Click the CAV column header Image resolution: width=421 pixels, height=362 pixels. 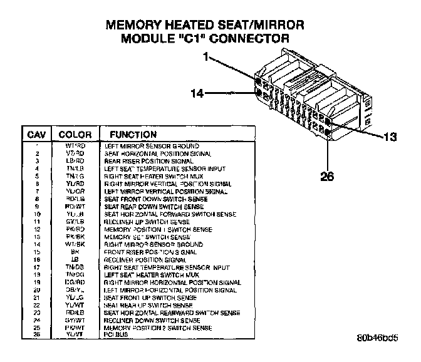pyautogui.click(x=37, y=135)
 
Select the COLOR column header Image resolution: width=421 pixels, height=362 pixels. pyautogui.click(x=75, y=135)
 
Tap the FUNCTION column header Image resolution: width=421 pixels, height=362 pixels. pyautogui.click(x=133, y=135)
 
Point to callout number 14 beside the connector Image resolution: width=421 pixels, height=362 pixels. pyautogui.click(x=197, y=94)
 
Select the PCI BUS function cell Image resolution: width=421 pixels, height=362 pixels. pyautogui.click(x=117, y=334)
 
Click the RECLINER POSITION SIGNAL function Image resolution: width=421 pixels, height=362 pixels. pyautogui.click(x=145, y=259)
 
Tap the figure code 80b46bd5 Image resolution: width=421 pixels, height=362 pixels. pyautogui.click(x=378, y=339)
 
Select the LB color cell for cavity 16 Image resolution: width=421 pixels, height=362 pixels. pyautogui.click(x=75, y=259)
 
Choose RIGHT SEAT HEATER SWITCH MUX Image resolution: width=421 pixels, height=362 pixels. pyautogui.click(x=153, y=176)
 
